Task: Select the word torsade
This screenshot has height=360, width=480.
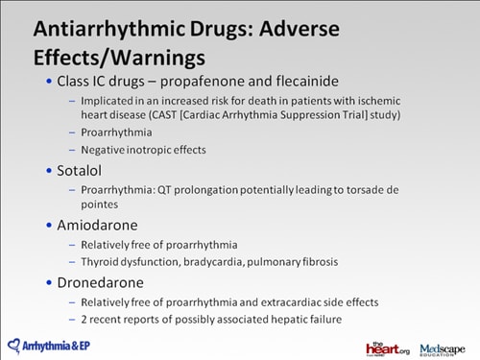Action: click(374, 190)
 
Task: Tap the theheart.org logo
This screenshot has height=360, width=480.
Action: click(387, 347)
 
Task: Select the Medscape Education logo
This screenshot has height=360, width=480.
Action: click(444, 347)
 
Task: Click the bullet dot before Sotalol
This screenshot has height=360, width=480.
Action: click(50, 171)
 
